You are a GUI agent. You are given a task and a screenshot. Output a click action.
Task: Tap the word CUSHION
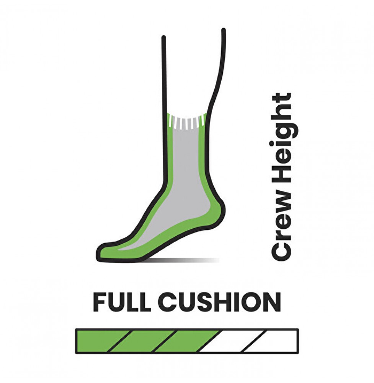[221, 302]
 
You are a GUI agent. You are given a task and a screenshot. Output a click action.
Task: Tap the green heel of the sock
[216, 210]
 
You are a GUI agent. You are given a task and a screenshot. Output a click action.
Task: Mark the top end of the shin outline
[164, 38]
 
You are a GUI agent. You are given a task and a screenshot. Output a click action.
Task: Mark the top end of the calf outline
[224, 30]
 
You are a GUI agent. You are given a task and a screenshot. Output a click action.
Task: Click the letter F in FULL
[100, 302]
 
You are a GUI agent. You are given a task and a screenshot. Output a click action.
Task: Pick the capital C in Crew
[281, 252]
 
